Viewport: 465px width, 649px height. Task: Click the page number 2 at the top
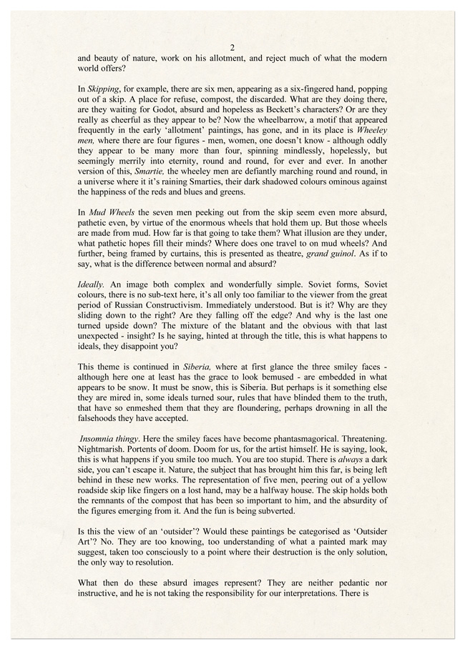[232, 47]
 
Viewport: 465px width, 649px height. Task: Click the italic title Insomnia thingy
[112, 437]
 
